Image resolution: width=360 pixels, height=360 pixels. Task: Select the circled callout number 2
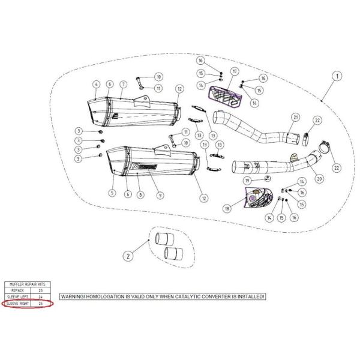tap(127, 256)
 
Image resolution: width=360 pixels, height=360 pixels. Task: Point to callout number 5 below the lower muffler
tap(112, 193)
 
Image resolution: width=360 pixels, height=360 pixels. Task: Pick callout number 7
tap(123, 84)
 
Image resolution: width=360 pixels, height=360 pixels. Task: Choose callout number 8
tap(139, 194)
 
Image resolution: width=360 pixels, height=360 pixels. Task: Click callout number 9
tap(160, 194)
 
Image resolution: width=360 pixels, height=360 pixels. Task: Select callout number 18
tap(227, 208)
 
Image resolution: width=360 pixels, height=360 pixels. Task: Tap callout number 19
tap(247, 180)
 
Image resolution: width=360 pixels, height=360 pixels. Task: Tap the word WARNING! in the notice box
tap(75, 297)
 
